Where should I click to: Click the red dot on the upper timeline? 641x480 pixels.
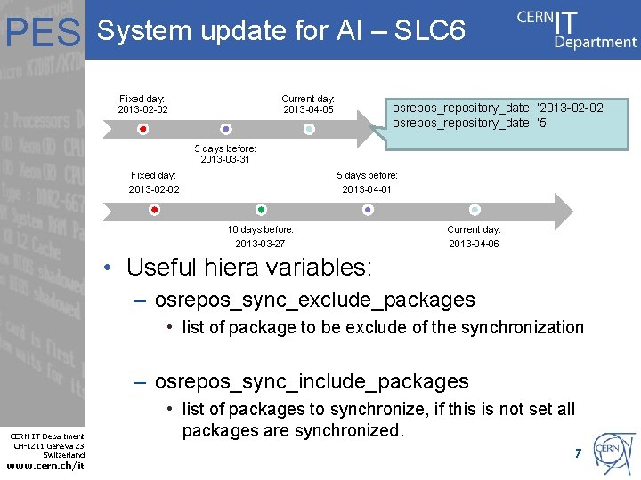tap(143, 130)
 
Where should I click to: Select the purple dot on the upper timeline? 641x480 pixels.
tap(226, 130)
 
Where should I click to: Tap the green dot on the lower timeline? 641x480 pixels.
tap(261, 210)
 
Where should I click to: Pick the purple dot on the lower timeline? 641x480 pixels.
tap(368, 210)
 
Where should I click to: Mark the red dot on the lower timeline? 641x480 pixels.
tap(154, 210)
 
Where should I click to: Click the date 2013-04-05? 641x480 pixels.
tap(308, 109)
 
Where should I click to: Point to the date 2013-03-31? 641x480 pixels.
tap(225, 160)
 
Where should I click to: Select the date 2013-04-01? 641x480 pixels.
tap(367, 189)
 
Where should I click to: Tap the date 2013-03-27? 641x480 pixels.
tap(260, 244)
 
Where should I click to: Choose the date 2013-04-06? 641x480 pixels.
tap(474, 244)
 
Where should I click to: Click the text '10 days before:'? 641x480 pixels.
tap(260, 229)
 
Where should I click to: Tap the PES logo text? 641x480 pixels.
tap(44, 34)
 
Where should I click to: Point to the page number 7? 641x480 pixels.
tap(578, 454)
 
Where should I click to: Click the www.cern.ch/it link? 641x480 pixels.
tap(45, 467)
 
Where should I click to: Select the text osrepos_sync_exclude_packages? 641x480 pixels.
tap(314, 300)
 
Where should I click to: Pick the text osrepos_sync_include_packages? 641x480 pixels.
tap(312, 381)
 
